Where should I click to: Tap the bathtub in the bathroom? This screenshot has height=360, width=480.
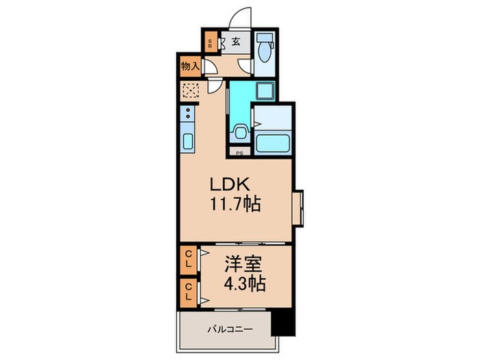tap(273, 143)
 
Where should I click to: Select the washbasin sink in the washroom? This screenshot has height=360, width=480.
tap(239, 130)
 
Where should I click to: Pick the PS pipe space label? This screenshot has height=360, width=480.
tap(239, 154)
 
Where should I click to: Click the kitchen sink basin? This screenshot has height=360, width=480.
tap(188, 143)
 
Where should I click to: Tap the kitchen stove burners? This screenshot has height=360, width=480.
tap(188, 116)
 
